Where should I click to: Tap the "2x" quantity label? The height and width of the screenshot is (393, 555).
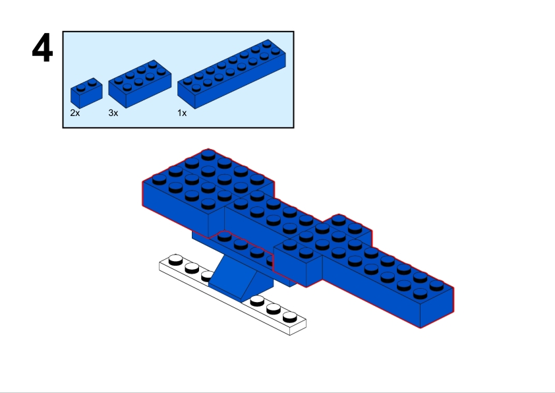[x=75, y=113]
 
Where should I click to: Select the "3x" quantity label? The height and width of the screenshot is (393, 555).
[x=113, y=113]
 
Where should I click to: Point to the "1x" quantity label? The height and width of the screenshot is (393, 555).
[x=182, y=113]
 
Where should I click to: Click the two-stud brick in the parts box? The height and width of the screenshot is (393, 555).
[x=87, y=93]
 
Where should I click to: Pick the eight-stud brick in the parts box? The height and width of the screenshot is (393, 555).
[x=140, y=84]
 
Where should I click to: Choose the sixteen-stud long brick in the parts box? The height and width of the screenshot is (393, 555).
[x=232, y=74]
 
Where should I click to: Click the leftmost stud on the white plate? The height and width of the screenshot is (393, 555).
[x=175, y=260]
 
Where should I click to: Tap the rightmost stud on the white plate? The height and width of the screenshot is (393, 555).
[x=290, y=317]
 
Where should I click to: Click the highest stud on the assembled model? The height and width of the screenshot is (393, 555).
[x=208, y=156]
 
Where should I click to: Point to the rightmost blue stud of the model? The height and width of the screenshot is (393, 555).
[x=436, y=286]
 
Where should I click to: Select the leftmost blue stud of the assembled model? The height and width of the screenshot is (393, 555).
[x=160, y=180]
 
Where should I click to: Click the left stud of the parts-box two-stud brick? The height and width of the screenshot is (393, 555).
[x=81, y=87]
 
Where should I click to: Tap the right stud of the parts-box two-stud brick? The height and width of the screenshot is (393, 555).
[x=92, y=83]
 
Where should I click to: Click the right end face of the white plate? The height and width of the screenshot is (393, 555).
[x=298, y=328]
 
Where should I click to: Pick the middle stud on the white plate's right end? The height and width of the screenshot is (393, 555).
[x=274, y=309]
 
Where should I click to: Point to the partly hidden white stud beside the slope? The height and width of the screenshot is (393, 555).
[x=207, y=276]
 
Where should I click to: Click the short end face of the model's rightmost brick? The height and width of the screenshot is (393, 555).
[x=437, y=308]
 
